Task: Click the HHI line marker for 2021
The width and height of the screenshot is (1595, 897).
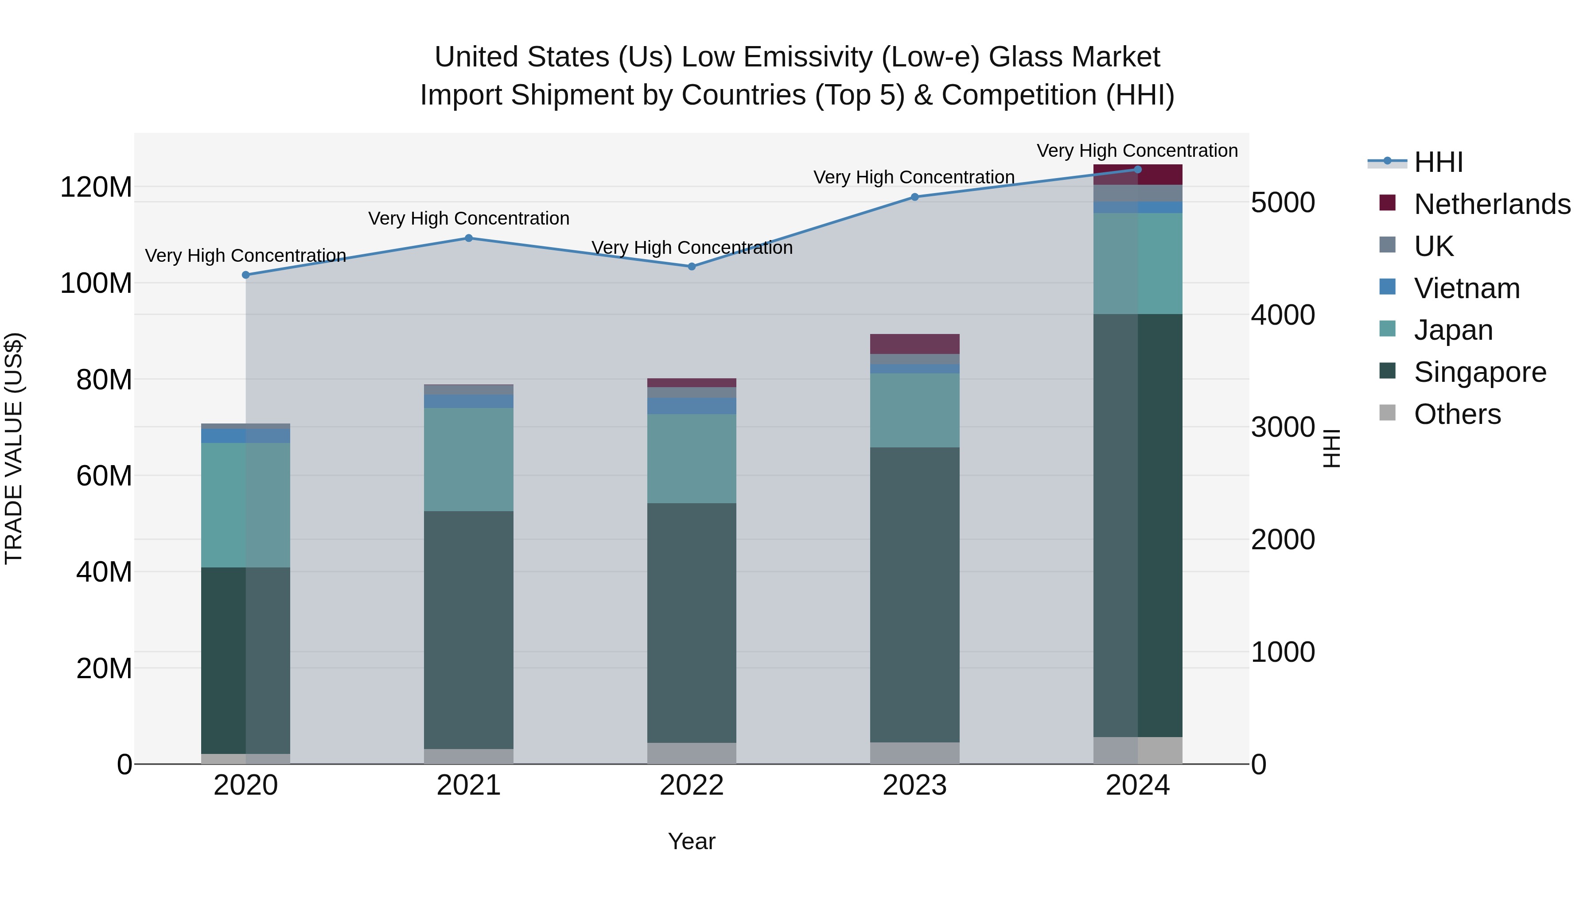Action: pyautogui.click(x=469, y=238)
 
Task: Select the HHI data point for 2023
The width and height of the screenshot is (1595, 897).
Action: pyautogui.click(x=914, y=197)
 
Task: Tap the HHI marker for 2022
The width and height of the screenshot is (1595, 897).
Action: pyautogui.click(x=692, y=267)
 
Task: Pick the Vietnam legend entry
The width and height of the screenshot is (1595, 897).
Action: pyautogui.click(x=1466, y=288)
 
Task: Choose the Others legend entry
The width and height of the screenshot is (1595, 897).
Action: pyautogui.click(x=1456, y=414)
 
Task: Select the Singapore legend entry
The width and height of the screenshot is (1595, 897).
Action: pyautogui.click(x=1479, y=372)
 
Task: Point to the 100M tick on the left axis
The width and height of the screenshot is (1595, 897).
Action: pyautogui.click(x=96, y=283)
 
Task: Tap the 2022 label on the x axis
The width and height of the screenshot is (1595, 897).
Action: pyautogui.click(x=692, y=785)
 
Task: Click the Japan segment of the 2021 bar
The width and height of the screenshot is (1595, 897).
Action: pyautogui.click(x=469, y=459)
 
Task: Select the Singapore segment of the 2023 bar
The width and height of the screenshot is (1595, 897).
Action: pyautogui.click(x=914, y=594)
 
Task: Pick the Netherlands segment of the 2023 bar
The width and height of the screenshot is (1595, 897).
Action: pyautogui.click(x=914, y=344)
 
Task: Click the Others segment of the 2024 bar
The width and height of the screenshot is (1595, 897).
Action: pyautogui.click(x=1137, y=750)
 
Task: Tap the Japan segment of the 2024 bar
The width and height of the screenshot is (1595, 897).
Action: pyautogui.click(x=1137, y=263)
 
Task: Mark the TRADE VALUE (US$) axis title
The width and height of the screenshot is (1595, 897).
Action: pyautogui.click(x=14, y=448)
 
